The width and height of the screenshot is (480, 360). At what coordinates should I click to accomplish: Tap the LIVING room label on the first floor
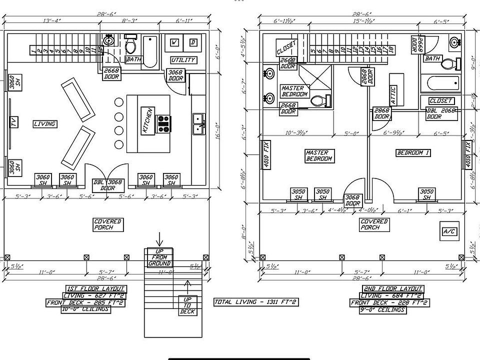click(44, 123)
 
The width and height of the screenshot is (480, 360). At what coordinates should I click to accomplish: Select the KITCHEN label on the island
click(147, 120)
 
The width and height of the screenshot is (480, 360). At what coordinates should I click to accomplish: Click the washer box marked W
click(175, 43)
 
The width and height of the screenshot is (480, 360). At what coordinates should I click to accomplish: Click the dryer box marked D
click(193, 43)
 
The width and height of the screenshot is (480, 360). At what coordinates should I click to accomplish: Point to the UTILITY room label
click(183, 60)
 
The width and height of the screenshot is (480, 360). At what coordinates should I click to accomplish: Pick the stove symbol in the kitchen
click(164, 123)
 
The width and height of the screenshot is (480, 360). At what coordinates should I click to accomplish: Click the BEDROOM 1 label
click(412, 152)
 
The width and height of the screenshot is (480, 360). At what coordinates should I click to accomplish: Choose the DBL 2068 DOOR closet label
click(441, 113)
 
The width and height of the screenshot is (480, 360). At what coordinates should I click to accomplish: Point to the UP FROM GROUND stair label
click(159, 257)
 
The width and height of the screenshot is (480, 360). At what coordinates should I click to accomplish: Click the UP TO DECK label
click(187, 305)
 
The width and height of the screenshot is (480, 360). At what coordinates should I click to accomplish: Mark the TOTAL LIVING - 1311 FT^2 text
click(256, 302)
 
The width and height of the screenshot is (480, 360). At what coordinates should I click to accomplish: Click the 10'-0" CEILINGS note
click(85, 309)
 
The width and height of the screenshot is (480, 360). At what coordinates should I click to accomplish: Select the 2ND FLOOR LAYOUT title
click(392, 288)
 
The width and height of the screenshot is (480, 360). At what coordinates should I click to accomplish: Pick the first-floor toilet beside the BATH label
click(130, 45)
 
